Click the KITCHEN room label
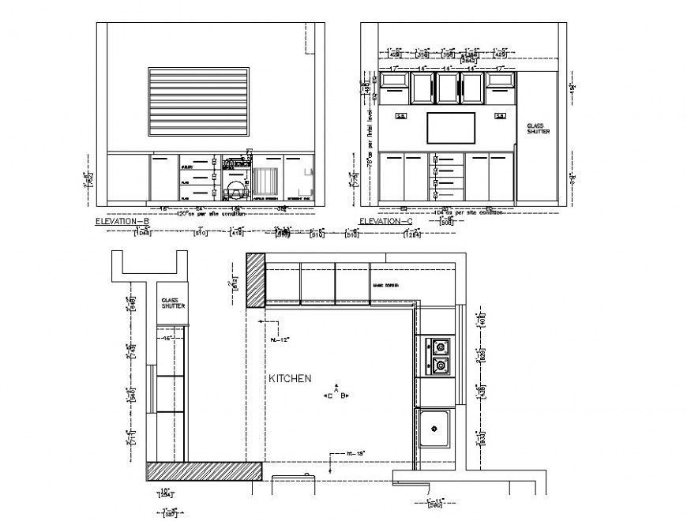[x=291, y=379]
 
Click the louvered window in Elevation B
[x=199, y=101]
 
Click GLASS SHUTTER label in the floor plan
[x=173, y=303]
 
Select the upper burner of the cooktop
[x=438, y=346]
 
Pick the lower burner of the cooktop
[x=438, y=365]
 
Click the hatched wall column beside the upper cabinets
[x=256, y=280]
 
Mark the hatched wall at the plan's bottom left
[x=204, y=471]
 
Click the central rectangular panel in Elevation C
[x=451, y=129]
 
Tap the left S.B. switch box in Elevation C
[x=400, y=116]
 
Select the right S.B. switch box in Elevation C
[x=501, y=116]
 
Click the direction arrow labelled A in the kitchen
[x=336, y=389]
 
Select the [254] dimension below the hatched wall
[x=166, y=495]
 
